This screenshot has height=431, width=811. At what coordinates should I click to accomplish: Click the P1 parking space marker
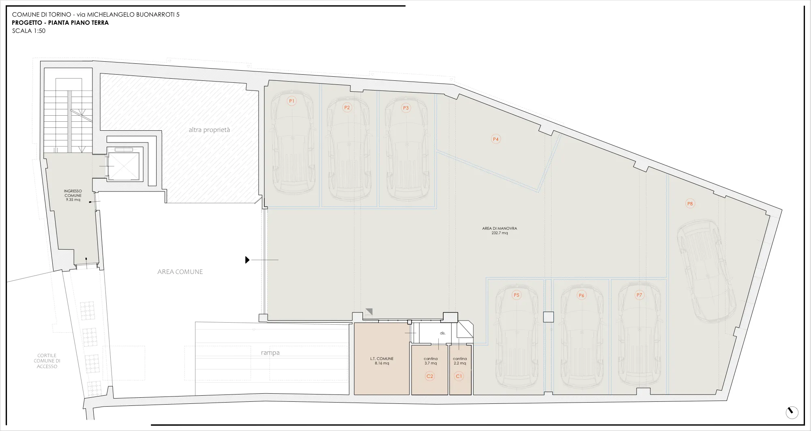[292, 101]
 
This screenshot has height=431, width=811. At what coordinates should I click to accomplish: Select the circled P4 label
[496, 139]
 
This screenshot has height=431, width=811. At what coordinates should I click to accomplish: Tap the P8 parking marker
[690, 204]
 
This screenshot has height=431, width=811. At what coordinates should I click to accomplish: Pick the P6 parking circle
[581, 295]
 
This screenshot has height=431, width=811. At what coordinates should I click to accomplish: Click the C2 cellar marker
[430, 376]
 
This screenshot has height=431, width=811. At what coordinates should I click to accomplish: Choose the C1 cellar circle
[459, 376]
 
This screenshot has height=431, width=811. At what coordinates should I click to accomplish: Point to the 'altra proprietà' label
[209, 130]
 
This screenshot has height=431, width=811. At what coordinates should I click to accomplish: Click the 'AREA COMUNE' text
[180, 272]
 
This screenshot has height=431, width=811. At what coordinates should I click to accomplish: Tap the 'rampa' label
[270, 353]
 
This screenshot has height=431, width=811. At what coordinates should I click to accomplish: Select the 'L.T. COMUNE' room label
[382, 359]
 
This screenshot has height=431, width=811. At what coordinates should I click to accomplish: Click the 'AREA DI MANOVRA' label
[500, 228]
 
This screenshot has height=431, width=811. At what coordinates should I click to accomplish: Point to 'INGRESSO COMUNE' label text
[73, 193]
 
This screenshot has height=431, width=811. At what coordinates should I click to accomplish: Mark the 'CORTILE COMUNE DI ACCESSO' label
[47, 361]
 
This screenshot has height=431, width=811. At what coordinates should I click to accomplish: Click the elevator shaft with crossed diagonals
[123, 166]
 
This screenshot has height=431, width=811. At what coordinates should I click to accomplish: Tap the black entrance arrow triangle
[247, 260]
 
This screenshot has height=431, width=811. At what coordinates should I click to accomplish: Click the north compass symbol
[792, 412]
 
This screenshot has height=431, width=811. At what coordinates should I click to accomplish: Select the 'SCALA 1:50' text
[29, 31]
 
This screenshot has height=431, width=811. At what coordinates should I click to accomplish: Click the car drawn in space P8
[706, 271]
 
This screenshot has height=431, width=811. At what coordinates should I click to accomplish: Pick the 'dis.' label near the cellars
[443, 333]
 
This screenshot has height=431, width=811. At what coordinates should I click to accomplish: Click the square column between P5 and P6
[548, 317]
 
